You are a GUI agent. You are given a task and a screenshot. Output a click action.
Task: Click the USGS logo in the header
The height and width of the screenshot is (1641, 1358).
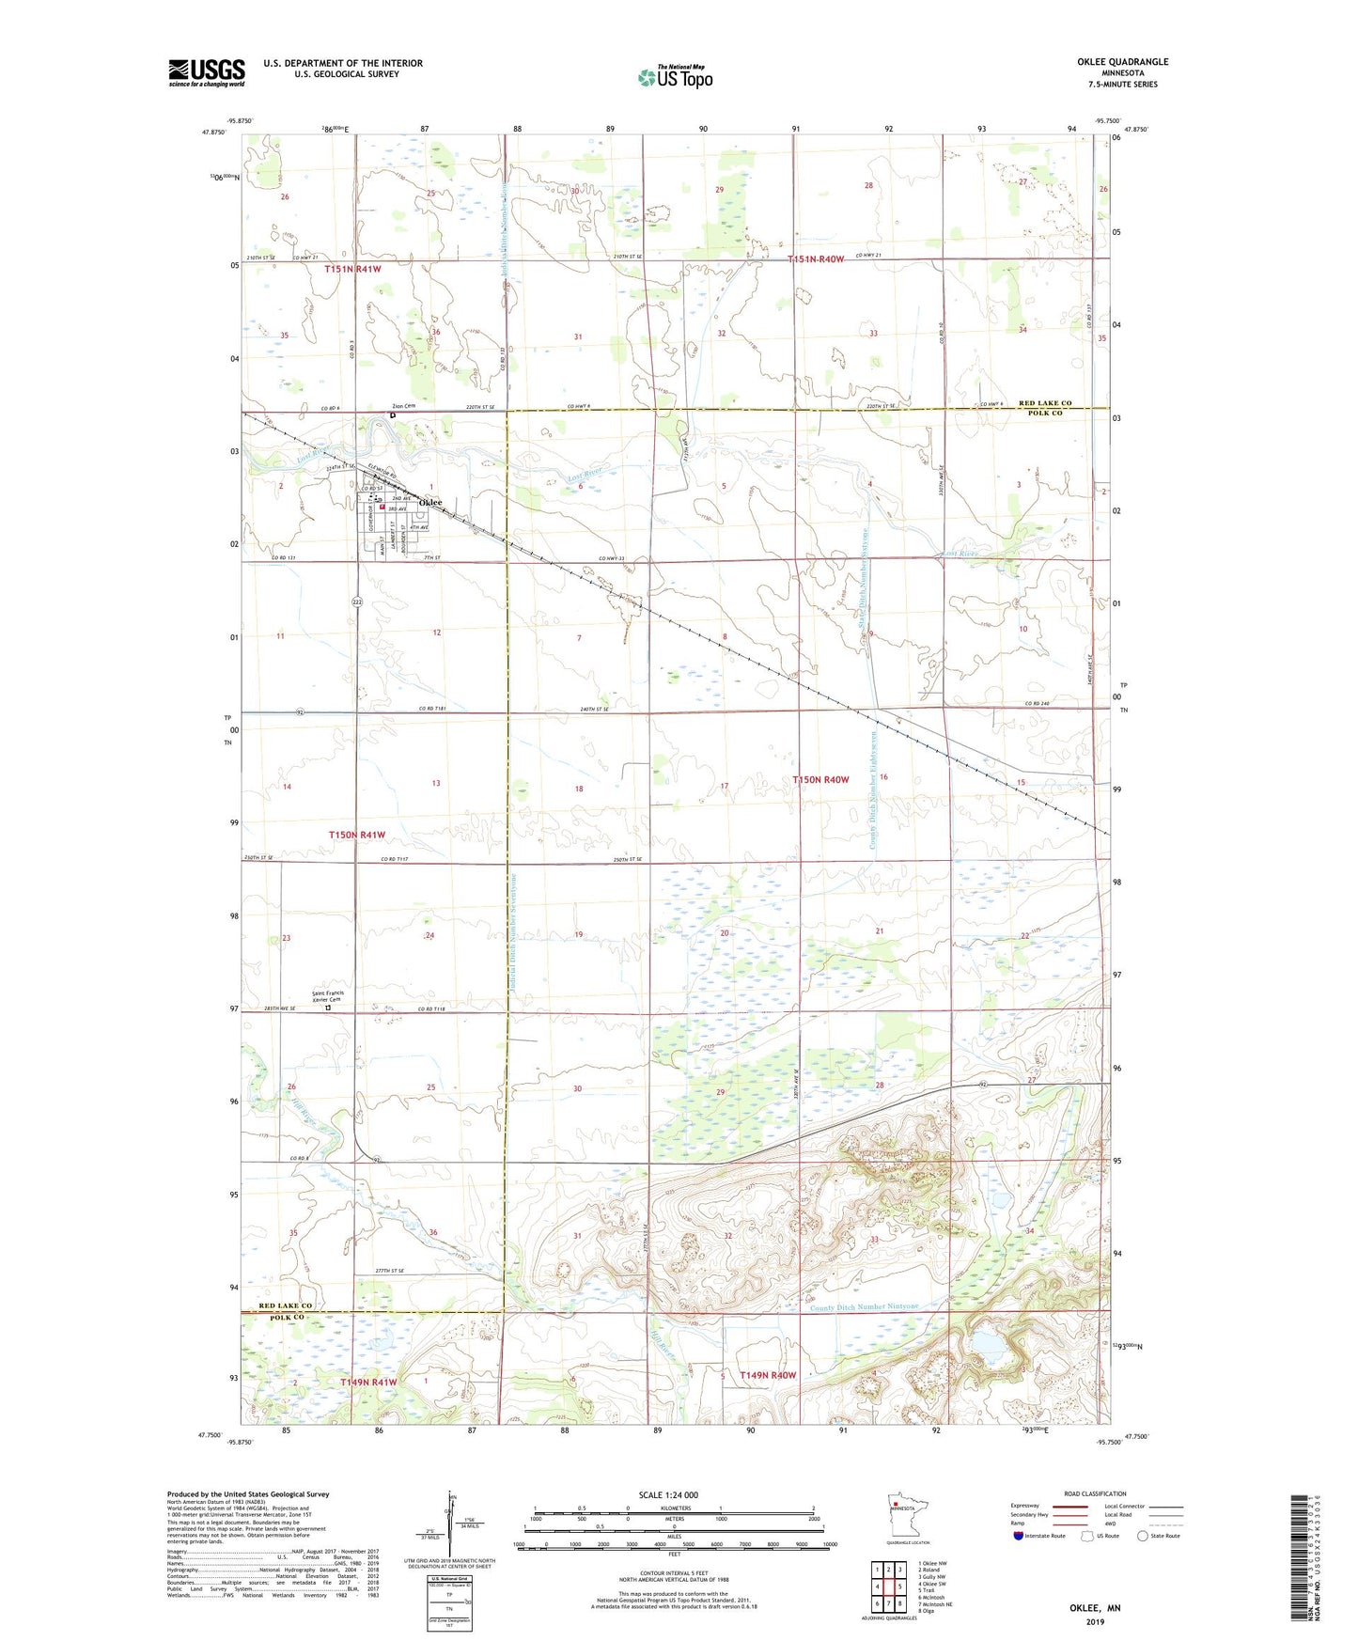pyautogui.click(x=207, y=72)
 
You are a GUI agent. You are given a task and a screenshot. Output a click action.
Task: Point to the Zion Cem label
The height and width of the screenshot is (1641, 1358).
pyautogui.click(x=403, y=407)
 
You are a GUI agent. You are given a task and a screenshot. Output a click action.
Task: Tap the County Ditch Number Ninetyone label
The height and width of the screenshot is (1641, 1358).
pyautogui.click(x=864, y=1307)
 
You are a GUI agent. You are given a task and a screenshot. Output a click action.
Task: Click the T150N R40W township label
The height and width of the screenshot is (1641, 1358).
pyautogui.click(x=820, y=780)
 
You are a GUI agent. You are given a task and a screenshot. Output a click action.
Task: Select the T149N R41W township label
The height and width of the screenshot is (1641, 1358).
pyautogui.click(x=368, y=1383)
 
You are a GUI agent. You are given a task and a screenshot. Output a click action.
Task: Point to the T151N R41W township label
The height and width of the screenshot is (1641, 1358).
pyautogui.click(x=353, y=269)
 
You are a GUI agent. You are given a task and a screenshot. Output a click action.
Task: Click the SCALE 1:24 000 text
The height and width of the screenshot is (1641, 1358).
pyautogui.click(x=668, y=1494)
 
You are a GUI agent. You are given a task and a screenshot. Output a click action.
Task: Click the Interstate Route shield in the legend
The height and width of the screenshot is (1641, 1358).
pyautogui.click(x=1020, y=1536)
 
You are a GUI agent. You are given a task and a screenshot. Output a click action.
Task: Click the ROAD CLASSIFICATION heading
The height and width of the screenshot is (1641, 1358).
pyautogui.click(x=1095, y=1493)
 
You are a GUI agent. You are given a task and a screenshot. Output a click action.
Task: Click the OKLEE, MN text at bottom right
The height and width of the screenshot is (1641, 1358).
pyautogui.click(x=1095, y=1608)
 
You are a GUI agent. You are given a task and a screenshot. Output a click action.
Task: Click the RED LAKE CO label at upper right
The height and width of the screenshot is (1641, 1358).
pyautogui.click(x=1045, y=403)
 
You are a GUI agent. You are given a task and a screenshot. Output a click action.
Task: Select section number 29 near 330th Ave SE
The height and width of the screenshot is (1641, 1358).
pyautogui.click(x=721, y=1092)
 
